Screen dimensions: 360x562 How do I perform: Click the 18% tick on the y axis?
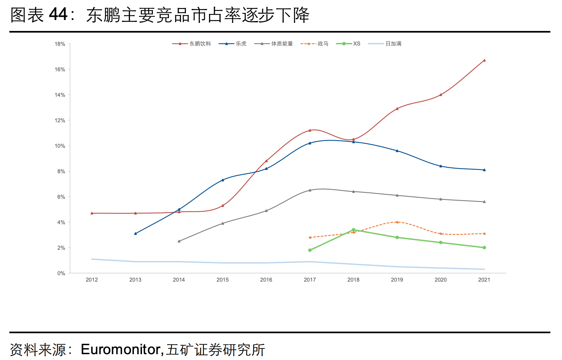[x=60, y=44]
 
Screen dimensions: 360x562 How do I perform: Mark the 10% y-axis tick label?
[x=60, y=146]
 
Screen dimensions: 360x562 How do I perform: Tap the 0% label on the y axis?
[x=61, y=273]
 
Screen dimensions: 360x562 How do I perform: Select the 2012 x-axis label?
[x=92, y=280]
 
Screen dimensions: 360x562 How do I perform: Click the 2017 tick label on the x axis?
[x=310, y=280]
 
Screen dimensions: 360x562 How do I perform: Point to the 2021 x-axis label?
[x=484, y=280]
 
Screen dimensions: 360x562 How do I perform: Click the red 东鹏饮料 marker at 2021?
[x=484, y=60]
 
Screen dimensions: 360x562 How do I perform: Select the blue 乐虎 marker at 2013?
[x=135, y=234]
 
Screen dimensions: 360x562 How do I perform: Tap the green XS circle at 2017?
[x=310, y=250]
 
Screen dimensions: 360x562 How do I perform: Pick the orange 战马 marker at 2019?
[x=397, y=222]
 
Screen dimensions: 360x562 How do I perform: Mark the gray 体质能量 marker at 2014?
[x=179, y=241]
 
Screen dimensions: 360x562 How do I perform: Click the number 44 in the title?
[x=58, y=15]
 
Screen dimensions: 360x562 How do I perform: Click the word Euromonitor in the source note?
[x=121, y=349]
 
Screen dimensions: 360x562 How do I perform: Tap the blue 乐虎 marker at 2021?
[x=484, y=170]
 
